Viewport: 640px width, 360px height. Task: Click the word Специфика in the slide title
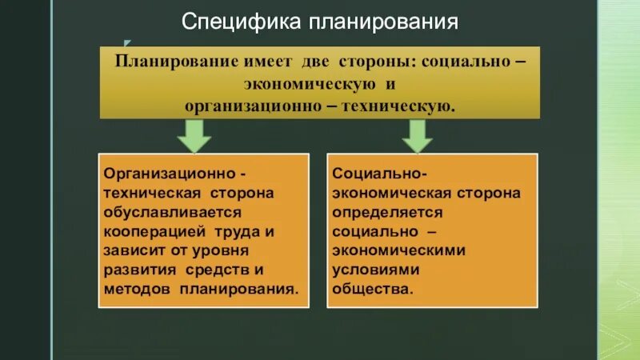point(239,22)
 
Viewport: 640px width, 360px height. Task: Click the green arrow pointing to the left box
point(193,137)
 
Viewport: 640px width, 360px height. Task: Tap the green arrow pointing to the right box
point(417,137)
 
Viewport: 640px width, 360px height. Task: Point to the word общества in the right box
point(372,290)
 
